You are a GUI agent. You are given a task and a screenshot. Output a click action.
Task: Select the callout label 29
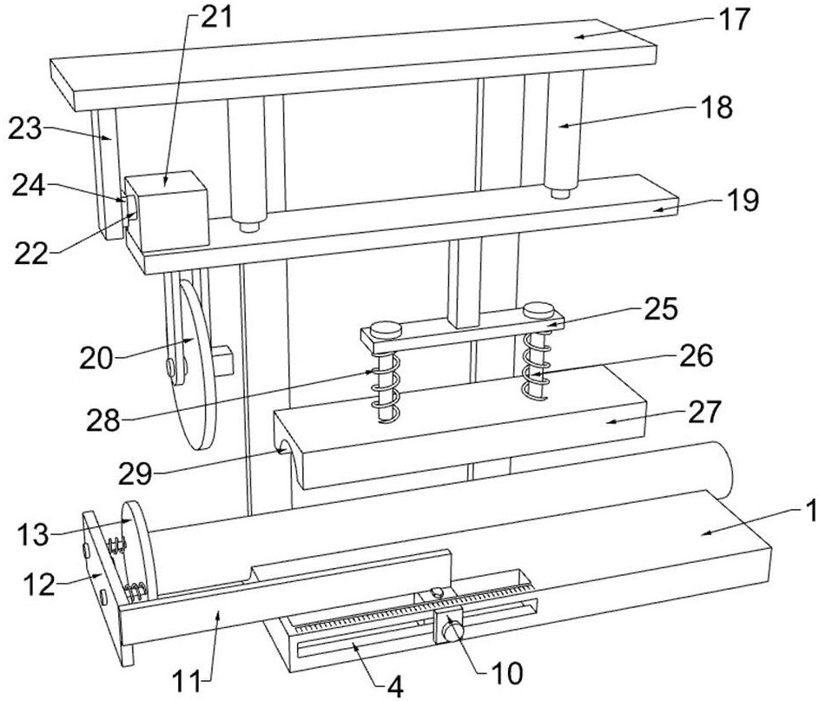pyautogui.click(x=135, y=475)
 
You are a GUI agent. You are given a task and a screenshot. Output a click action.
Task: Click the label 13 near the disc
pyautogui.click(x=33, y=535)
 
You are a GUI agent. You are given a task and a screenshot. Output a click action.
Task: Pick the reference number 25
pyautogui.click(x=661, y=308)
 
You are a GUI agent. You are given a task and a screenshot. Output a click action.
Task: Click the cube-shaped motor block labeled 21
pyautogui.click(x=167, y=209)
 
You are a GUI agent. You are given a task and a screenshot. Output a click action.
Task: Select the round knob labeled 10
pyautogui.click(x=452, y=631)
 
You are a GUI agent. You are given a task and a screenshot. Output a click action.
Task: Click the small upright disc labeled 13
pyautogui.click(x=137, y=549)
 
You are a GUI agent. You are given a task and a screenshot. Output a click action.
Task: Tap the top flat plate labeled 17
pyautogui.click(x=353, y=65)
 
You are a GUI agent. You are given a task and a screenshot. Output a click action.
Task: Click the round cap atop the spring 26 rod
pyautogui.click(x=538, y=310)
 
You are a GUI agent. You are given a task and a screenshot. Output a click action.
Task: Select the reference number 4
pyautogui.click(x=395, y=687)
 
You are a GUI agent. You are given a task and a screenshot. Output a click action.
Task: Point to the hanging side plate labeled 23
pyautogui.click(x=107, y=175)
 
